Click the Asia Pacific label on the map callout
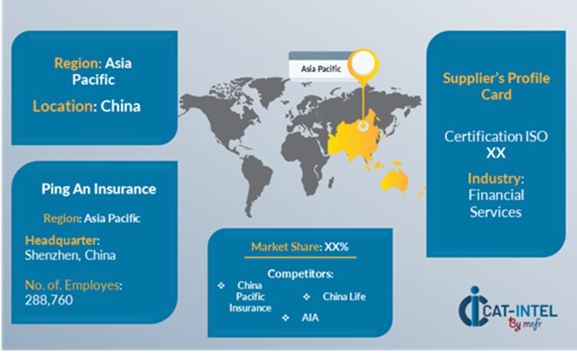321,69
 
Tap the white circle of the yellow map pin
363,63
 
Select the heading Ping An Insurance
99,189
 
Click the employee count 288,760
49,300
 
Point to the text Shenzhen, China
70,255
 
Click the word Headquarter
61,241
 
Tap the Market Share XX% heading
300,246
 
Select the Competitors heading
301,274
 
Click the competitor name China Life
344,296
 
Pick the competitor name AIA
310,318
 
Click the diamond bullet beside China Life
306,296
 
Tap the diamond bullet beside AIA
286,318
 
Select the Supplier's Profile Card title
496,86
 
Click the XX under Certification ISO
496,153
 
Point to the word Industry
494,179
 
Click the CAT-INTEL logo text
520,311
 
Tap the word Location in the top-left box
62,106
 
